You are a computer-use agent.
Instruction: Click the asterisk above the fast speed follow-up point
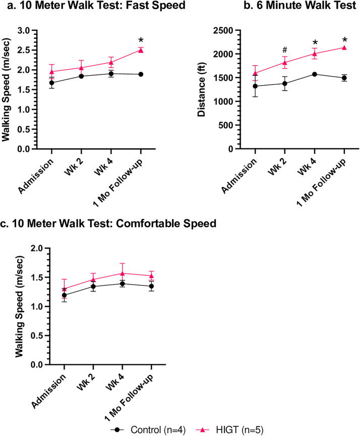point(141,41)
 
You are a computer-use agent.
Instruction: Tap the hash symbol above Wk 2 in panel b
point(285,50)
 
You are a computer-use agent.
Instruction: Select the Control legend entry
point(148,429)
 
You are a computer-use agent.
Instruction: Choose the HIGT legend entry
point(230,429)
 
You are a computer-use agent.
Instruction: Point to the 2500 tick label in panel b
point(223,30)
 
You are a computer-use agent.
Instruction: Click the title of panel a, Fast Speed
point(96,6)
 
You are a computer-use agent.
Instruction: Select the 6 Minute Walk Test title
point(300,6)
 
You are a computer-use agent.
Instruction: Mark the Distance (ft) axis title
point(201,88)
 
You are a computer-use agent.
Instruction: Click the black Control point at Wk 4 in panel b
point(315,74)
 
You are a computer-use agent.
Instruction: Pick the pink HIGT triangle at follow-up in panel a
point(141,50)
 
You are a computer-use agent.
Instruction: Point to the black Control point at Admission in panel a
point(51,83)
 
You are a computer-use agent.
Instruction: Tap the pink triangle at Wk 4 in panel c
point(122,274)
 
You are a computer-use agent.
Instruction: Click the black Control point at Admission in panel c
point(65,295)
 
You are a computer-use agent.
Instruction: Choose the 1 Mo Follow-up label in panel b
point(322,183)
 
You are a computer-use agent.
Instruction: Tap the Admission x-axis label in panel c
point(49,391)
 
